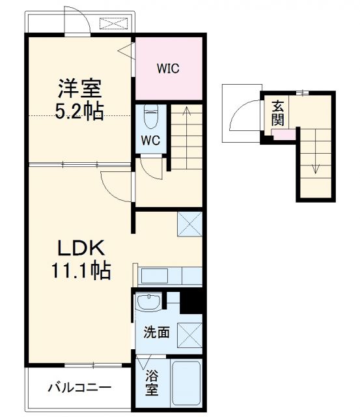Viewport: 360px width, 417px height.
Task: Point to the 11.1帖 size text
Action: (79, 269)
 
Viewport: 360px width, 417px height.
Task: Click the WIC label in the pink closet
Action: (167, 68)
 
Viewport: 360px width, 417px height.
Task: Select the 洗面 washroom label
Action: (157, 332)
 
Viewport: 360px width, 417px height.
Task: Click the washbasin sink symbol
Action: (151, 303)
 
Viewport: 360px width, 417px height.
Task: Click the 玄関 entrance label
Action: (278, 113)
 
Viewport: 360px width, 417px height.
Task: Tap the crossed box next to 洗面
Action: (189, 334)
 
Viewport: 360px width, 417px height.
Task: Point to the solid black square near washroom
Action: (191, 300)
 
